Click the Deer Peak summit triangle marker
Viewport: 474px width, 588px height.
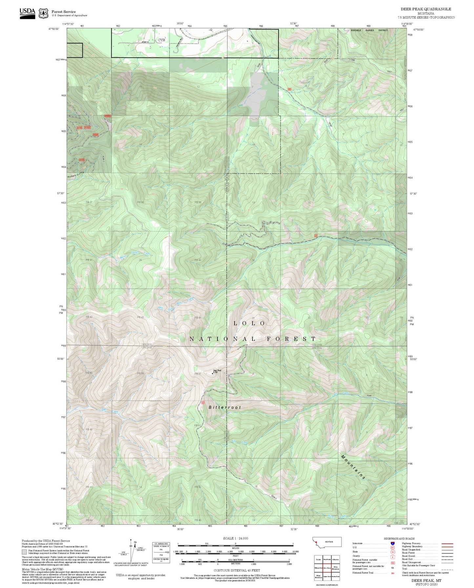click(213, 373)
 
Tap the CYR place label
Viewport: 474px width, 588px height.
click(161, 40)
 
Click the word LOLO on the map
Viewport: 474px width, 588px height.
click(249, 323)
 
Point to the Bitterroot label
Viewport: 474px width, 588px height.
click(225, 407)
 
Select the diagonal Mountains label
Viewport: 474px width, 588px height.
click(353, 467)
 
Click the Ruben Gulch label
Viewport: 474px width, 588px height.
click(76, 175)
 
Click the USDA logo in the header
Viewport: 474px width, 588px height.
click(27, 13)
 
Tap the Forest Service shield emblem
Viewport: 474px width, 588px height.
click(43, 13)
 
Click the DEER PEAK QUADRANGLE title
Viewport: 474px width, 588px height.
click(426, 9)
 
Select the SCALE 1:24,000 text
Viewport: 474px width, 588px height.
click(236, 538)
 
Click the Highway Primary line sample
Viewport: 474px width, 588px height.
click(447, 543)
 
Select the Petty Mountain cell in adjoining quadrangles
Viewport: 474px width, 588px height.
click(335, 568)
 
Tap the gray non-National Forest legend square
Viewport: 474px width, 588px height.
click(24, 552)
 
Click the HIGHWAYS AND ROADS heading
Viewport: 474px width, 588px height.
click(399, 539)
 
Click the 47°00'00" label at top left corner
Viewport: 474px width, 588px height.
click(54, 29)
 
